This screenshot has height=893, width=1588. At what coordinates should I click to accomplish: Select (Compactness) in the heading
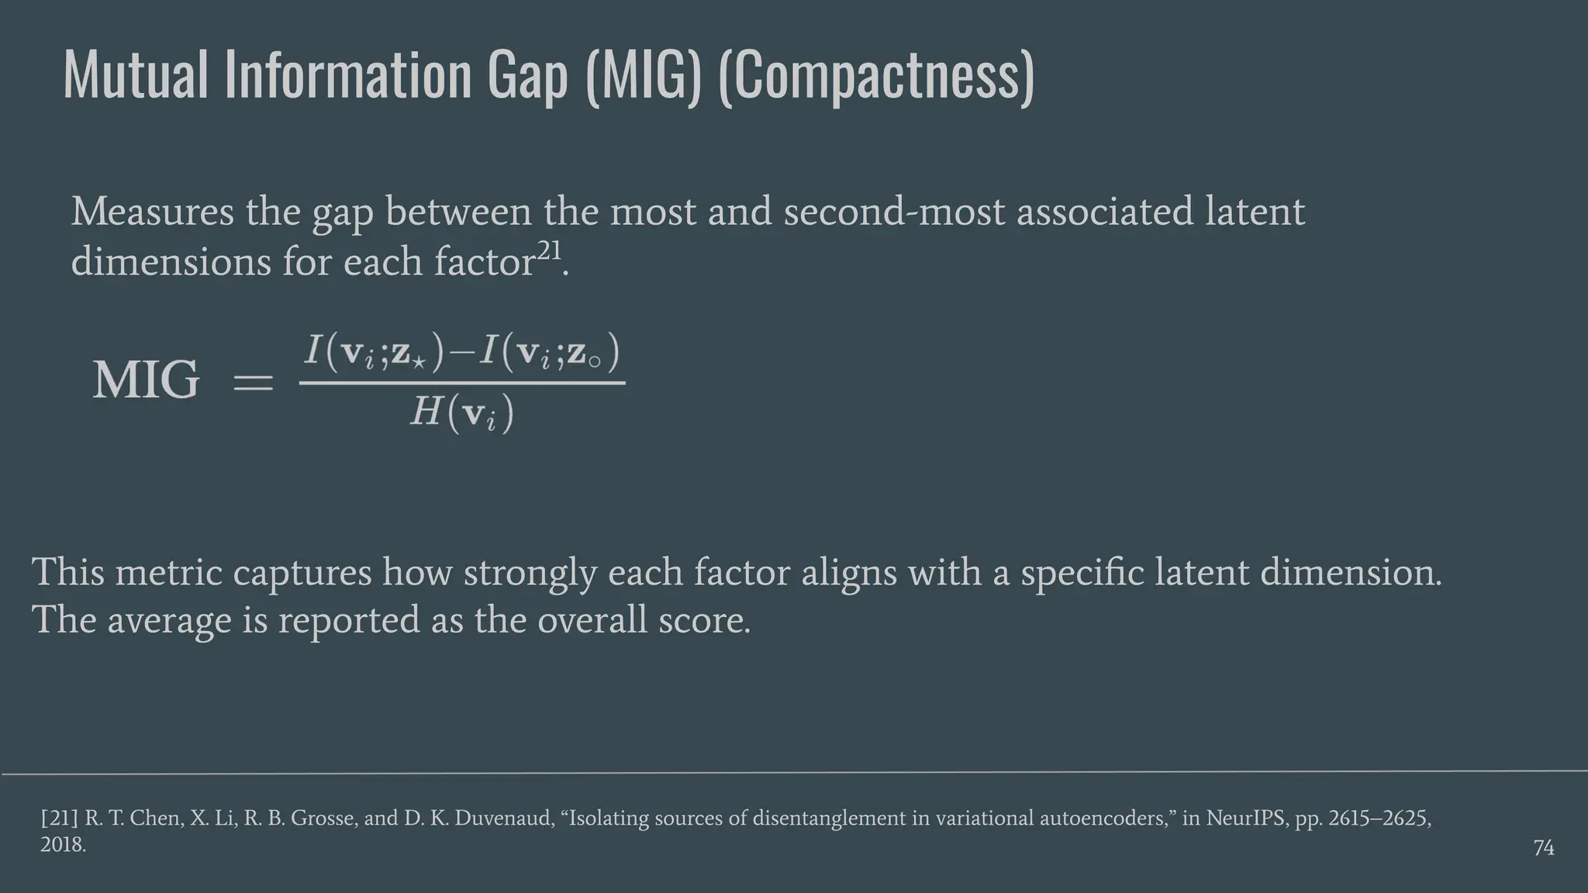point(876,76)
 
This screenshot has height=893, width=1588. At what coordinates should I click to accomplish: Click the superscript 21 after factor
point(549,251)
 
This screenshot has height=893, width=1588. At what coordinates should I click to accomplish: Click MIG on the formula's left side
point(146,380)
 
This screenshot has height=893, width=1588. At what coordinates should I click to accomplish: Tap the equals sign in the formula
point(253,381)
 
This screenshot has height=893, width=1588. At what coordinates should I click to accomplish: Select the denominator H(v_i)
point(462,412)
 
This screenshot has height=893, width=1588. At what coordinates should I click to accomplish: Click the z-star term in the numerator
point(409,353)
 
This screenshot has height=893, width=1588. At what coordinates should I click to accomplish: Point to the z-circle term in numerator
point(585,353)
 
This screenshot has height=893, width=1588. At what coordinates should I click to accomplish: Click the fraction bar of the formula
point(462,382)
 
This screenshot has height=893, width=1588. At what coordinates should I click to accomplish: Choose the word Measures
point(153,212)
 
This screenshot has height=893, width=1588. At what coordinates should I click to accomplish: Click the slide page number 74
point(1543,848)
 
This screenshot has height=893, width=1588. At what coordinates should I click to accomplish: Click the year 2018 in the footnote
point(62,844)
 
